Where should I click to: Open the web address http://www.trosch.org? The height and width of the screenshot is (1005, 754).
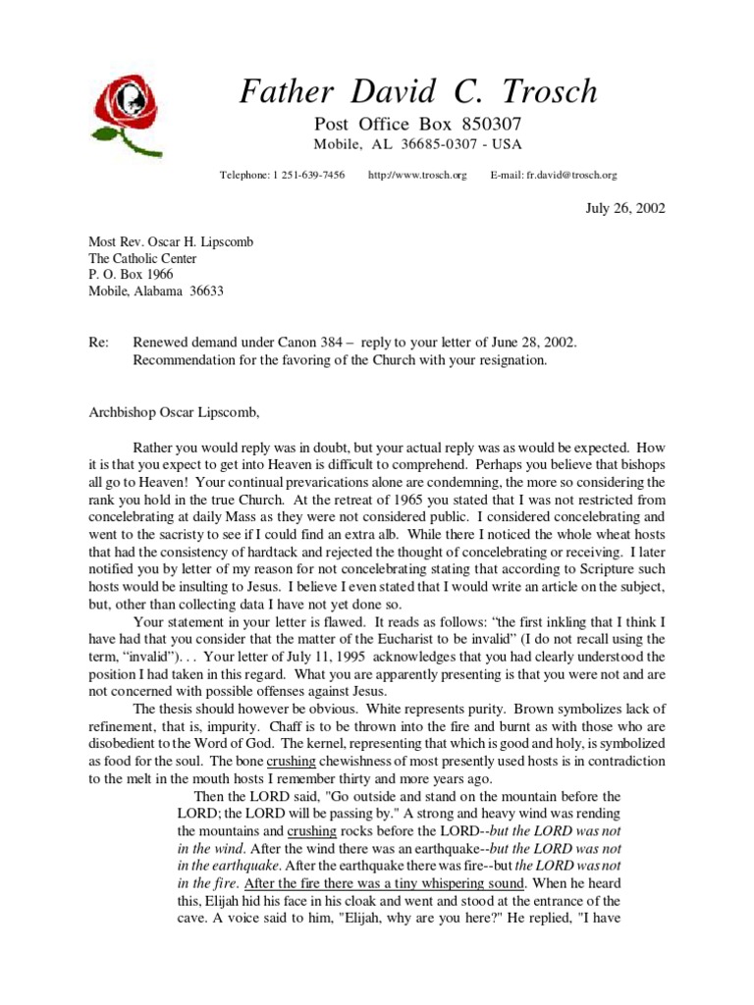click(417, 175)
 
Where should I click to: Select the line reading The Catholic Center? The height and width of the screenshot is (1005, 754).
click(143, 259)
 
